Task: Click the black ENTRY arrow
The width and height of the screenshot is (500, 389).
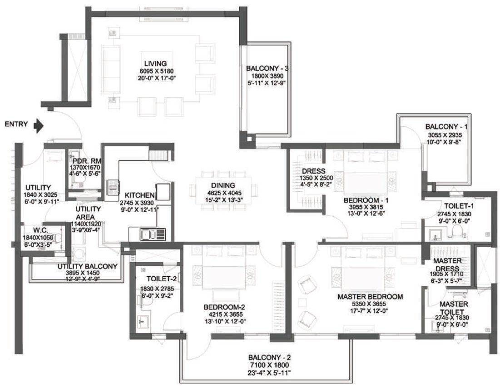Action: tap(39, 126)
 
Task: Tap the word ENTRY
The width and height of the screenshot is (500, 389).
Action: tap(16, 124)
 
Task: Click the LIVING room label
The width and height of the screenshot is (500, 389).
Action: tap(155, 64)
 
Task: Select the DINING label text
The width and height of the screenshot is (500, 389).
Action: tap(223, 185)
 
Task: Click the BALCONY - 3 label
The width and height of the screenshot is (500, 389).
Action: tap(267, 69)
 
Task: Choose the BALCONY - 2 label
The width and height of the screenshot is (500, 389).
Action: tap(269, 358)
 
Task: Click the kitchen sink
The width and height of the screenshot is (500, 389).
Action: tap(153, 234)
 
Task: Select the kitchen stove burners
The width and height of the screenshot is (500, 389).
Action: tap(113, 187)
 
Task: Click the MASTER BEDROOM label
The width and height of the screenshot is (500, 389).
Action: tap(370, 297)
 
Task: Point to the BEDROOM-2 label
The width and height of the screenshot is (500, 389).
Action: tap(224, 307)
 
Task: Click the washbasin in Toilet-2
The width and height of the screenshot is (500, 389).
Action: tap(142, 321)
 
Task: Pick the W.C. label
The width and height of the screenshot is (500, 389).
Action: tap(40, 230)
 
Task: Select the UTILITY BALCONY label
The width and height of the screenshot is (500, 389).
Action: tap(87, 266)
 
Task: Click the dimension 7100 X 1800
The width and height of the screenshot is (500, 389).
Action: tap(269, 365)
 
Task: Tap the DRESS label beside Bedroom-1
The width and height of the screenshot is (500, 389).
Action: tap(314, 171)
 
